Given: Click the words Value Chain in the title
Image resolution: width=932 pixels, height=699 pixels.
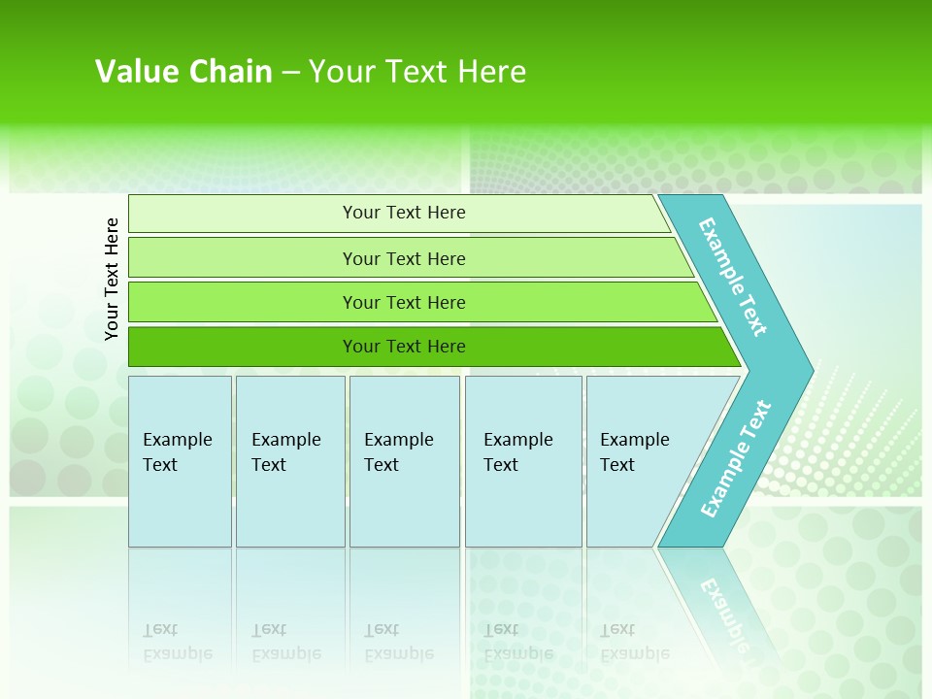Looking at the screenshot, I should point(183,72).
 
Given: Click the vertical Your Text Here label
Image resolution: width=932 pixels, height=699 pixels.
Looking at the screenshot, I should point(112,279).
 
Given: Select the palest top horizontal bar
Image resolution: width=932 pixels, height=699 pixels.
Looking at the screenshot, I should point(243,214).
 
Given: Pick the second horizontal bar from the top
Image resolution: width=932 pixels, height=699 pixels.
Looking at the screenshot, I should point(243,258).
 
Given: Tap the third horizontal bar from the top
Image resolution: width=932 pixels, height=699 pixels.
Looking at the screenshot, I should point(243,303).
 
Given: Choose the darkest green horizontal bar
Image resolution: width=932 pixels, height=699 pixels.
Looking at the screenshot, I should point(243,347).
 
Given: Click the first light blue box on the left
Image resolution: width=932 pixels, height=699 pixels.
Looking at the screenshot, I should point(180,505).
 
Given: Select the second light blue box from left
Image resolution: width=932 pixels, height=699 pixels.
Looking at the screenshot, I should point(290,505).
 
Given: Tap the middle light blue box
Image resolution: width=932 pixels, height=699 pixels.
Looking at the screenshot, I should point(404,505).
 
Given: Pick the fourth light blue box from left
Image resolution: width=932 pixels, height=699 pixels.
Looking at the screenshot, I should point(523,505).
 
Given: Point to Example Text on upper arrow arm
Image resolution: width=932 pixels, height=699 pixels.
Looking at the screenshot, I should point(733,277).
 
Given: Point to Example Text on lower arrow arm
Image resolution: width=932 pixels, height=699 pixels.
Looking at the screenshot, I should point(735,459).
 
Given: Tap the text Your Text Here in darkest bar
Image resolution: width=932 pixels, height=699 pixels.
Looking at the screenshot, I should point(404,347).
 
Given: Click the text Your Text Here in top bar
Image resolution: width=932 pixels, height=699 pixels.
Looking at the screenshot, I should point(404,213).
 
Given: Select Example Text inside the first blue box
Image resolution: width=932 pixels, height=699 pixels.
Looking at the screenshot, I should point(177,451).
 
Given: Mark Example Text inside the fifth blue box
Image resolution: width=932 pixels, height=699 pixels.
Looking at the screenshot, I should point(634,451).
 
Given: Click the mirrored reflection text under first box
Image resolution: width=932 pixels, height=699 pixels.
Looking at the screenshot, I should point(177,642).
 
